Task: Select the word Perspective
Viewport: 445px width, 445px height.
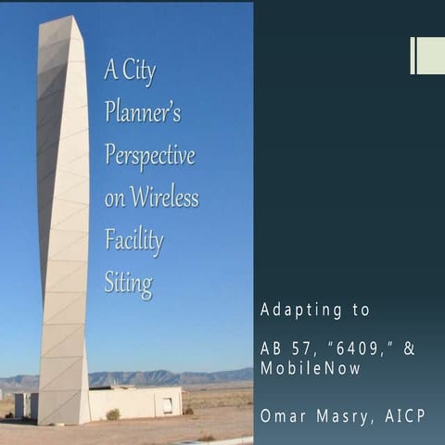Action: [x=150, y=155]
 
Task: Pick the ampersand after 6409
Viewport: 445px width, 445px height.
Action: [x=407, y=349]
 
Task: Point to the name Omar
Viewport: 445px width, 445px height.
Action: [x=281, y=415]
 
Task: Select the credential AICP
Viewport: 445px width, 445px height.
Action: [x=405, y=415]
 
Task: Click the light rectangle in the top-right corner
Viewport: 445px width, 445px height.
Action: [x=427, y=56]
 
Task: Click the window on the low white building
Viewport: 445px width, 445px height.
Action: [x=168, y=404]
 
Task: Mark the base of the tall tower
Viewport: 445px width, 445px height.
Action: [x=63, y=419]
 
